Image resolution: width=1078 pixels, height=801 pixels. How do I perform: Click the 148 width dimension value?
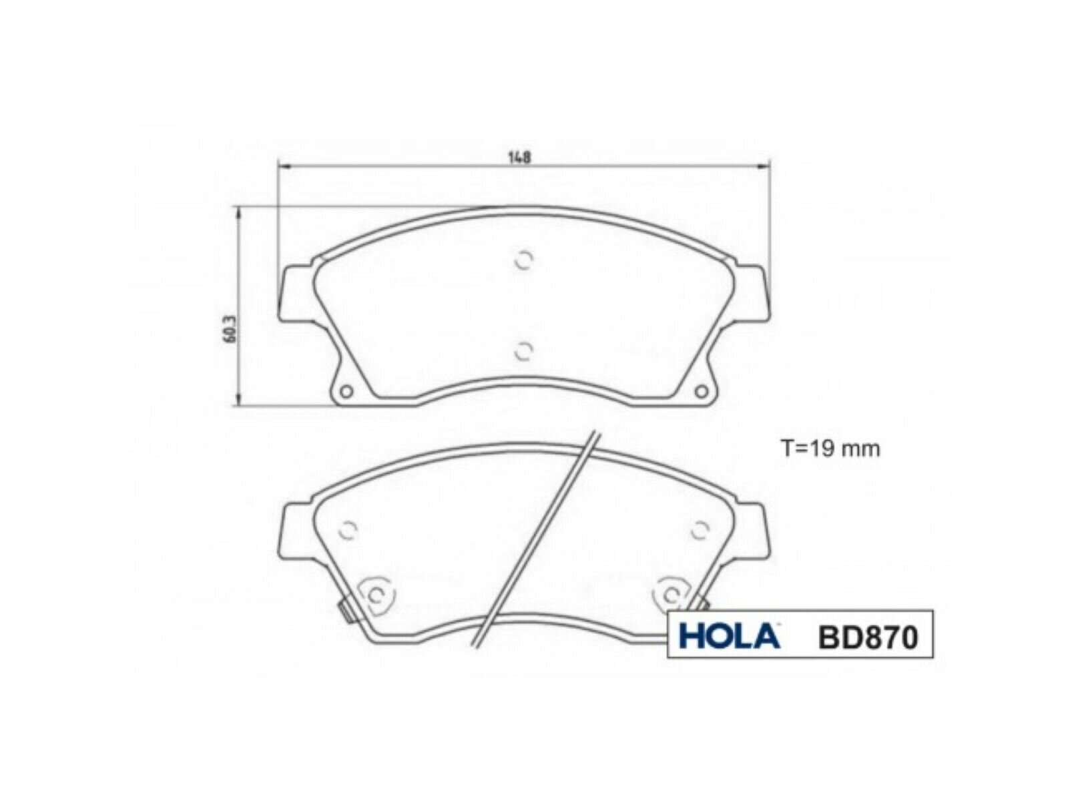(519, 158)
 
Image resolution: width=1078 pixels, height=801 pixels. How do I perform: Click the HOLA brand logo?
(729, 636)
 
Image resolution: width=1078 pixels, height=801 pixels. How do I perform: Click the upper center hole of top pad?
(524, 261)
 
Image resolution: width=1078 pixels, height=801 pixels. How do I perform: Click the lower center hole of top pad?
(525, 350)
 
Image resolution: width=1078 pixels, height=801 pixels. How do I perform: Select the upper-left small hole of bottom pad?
(348, 530)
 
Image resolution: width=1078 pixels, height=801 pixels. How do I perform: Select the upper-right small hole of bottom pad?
(699, 530)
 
